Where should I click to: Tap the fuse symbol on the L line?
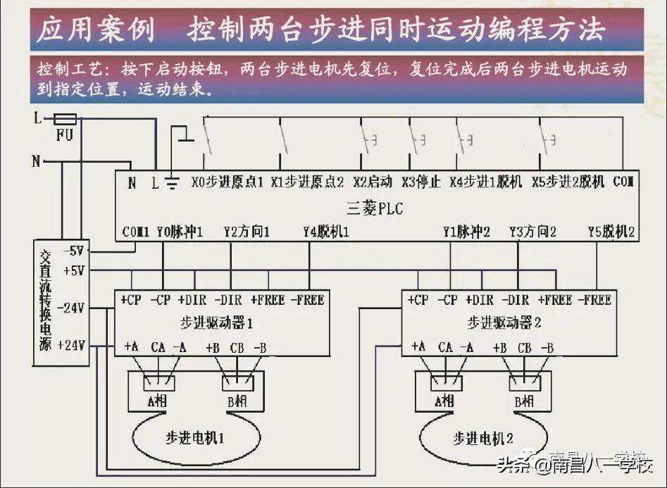point(65,119)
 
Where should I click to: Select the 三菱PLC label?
point(375,208)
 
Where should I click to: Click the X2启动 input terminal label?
point(373,182)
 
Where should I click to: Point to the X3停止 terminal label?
point(421,182)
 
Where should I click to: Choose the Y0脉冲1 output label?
point(180,231)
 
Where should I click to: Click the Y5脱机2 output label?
point(611,231)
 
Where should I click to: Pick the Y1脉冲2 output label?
point(466,231)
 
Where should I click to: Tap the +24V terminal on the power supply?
point(74,345)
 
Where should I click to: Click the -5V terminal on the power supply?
point(74,251)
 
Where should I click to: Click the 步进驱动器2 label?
point(504,323)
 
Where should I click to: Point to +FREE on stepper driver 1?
point(267,300)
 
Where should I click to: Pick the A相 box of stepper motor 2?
point(444,400)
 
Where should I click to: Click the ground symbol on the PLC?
point(171,183)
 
